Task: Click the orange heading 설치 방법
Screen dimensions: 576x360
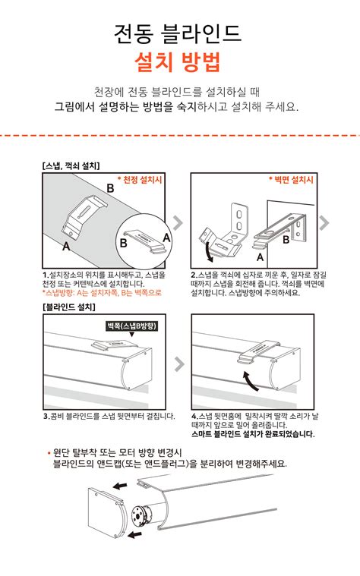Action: (x=179, y=61)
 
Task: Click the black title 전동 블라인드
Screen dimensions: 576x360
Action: (x=179, y=33)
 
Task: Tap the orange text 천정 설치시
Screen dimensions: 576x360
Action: (x=141, y=180)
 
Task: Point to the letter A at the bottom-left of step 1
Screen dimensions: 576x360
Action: (x=66, y=246)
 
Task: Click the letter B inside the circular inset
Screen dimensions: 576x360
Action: (x=123, y=243)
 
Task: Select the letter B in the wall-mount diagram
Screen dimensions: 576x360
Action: (x=286, y=240)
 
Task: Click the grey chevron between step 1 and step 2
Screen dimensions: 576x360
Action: (x=178, y=222)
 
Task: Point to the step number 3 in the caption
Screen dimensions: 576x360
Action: (x=46, y=416)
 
